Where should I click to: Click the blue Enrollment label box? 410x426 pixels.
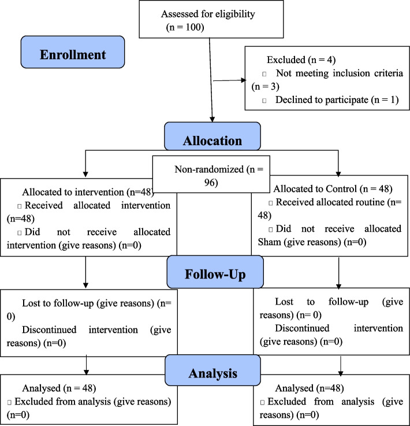click(73, 52)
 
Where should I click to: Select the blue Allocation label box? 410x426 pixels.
click(213, 136)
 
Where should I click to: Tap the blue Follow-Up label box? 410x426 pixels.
click(215, 272)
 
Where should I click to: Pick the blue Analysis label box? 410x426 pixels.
click(213, 371)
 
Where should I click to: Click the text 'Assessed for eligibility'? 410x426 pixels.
click(208, 14)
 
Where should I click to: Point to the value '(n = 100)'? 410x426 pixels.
click(185, 27)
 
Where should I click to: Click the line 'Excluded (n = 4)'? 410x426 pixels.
click(301, 60)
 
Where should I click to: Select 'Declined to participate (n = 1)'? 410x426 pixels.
click(337, 100)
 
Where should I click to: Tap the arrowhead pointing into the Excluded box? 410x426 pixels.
click(243, 80)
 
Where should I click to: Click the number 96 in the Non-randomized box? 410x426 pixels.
click(211, 183)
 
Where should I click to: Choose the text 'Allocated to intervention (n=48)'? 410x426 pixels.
click(88, 192)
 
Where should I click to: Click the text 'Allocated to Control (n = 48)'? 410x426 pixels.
click(333, 189)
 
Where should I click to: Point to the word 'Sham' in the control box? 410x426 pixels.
click(269, 242)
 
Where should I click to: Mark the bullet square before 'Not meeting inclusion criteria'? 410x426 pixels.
click(264, 74)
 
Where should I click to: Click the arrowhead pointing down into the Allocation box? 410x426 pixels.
click(212, 119)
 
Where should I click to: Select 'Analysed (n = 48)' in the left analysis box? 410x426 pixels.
click(59, 388)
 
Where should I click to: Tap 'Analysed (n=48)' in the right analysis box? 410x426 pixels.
click(310, 388)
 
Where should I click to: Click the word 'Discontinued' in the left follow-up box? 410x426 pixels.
click(49, 330)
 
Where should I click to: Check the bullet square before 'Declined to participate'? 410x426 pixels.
click(264, 101)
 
